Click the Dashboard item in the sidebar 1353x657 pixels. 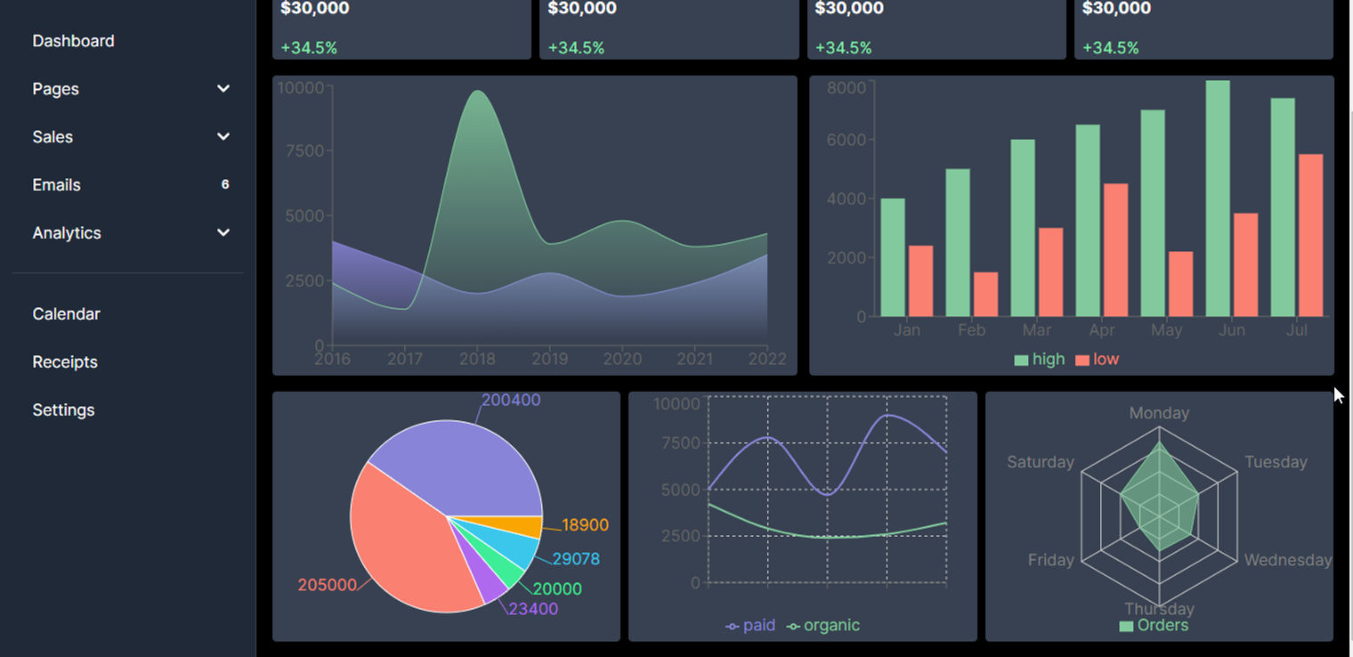pos(73,41)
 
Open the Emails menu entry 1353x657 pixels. pos(57,185)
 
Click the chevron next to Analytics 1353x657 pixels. pos(223,233)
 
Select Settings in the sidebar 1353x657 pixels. pos(63,410)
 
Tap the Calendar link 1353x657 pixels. pos(66,314)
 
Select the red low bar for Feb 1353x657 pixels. pos(985,295)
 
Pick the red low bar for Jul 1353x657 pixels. pos(1310,236)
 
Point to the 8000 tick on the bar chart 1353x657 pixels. pos(846,87)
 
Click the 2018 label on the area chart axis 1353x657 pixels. pos(477,359)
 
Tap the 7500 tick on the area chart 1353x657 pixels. pos(305,151)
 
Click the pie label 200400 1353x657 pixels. pos(511,401)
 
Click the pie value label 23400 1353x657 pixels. pos(533,609)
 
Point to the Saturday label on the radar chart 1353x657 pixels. pos(1041,462)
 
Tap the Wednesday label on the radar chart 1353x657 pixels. pos(1287,560)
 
